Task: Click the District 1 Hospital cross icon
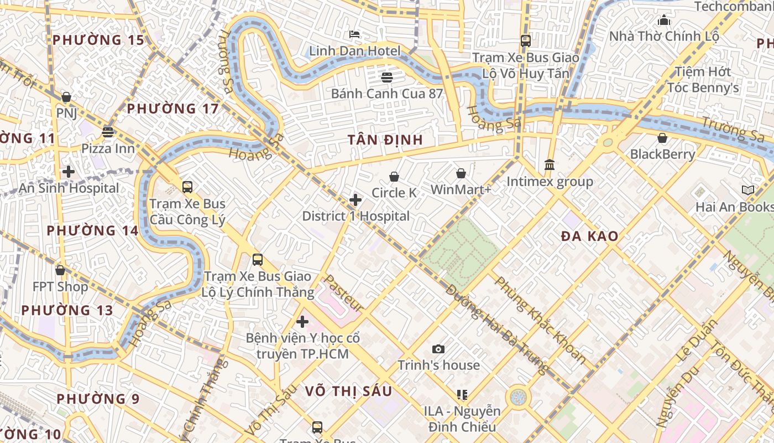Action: (355, 200)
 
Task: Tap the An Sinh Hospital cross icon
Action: (69, 172)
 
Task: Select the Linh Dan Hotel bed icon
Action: (354, 34)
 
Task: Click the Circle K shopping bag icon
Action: (394, 177)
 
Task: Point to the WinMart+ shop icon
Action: (461, 174)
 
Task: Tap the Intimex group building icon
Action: (550, 165)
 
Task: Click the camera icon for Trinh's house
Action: (438, 349)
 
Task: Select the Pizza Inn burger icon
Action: (108, 132)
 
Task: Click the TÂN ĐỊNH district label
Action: (385, 140)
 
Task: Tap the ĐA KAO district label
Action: (589, 236)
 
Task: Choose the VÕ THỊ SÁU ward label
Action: (348, 392)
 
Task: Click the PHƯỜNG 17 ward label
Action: (173, 109)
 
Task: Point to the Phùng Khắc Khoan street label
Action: (540, 320)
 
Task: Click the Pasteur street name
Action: (343, 293)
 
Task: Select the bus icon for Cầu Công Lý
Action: (187, 187)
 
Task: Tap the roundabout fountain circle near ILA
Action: (518, 397)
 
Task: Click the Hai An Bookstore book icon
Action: (747, 190)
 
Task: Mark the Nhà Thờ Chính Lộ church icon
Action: (664, 20)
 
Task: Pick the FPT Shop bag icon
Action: (60, 270)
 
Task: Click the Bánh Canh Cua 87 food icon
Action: (386, 77)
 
